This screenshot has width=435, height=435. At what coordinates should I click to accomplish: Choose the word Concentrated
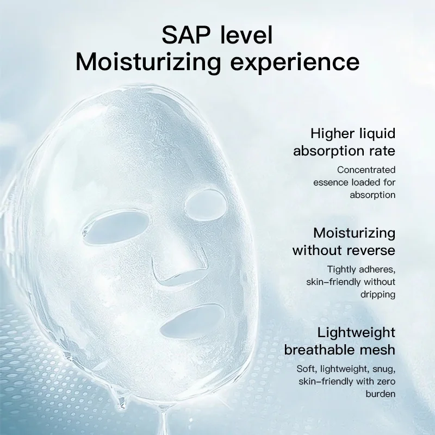click(366, 170)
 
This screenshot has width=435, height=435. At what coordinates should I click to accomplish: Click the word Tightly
click(344, 270)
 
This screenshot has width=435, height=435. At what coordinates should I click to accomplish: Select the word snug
click(382, 369)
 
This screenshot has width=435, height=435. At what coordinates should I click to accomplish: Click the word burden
click(381, 394)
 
